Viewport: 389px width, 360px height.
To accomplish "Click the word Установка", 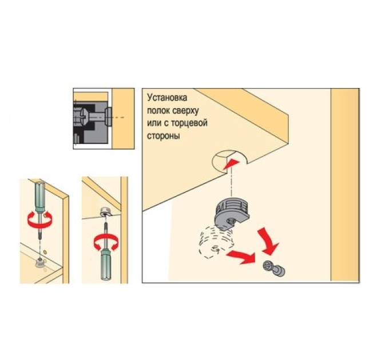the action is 167,98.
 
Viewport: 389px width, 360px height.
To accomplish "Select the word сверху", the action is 185,111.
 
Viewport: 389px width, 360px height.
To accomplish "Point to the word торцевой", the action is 189,123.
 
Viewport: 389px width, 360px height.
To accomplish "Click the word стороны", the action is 164,136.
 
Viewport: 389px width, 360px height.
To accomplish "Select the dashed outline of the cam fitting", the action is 216,243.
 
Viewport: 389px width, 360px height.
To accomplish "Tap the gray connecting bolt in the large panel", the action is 274,268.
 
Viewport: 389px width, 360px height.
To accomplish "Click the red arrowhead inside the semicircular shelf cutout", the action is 231,164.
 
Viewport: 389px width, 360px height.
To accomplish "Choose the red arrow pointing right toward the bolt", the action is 241,257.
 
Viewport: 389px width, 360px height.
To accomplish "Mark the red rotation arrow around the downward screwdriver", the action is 39,220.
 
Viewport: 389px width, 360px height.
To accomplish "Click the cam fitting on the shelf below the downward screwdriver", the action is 39,262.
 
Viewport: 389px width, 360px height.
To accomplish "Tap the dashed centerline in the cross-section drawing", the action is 118,118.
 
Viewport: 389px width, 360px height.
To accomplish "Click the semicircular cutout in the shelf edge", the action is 229,162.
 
